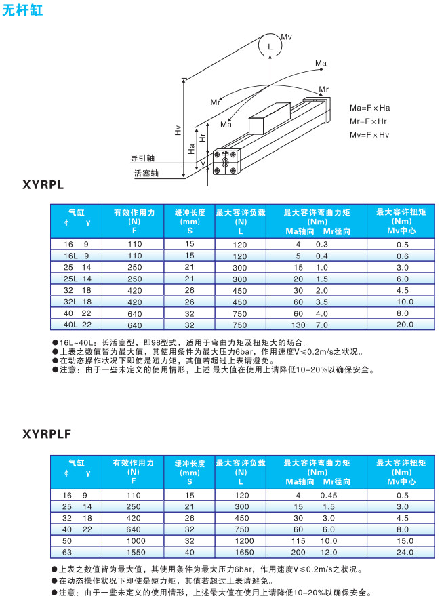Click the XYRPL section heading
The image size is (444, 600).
point(43,184)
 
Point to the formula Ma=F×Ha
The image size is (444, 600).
point(369,108)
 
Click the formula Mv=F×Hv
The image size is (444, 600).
point(369,134)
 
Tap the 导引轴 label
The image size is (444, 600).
point(142,158)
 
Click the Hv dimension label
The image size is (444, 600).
point(178,131)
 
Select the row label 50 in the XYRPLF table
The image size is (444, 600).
point(66,542)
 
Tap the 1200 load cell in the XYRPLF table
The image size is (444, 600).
point(241,542)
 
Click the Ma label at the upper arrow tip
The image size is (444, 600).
point(321,64)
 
